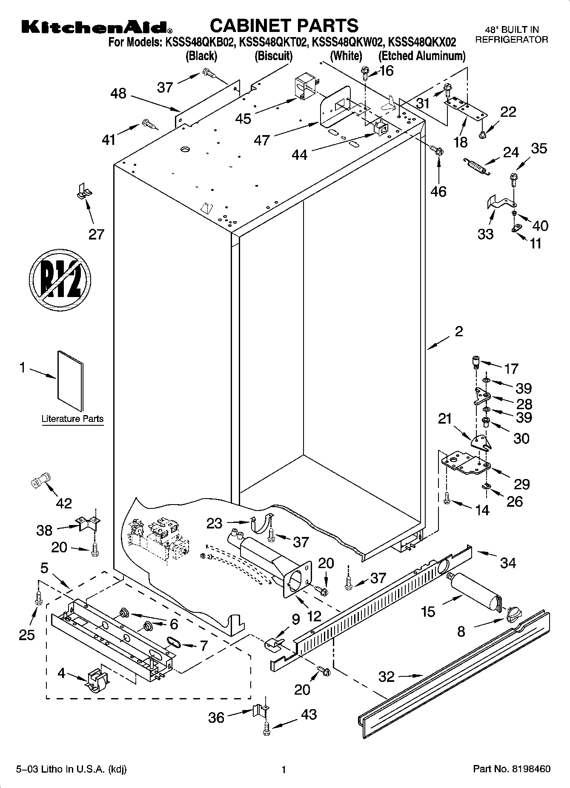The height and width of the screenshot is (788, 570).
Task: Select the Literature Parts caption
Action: tap(72, 419)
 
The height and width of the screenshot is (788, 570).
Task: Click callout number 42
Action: tap(64, 503)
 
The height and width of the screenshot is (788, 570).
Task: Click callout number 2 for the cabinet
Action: tap(458, 331)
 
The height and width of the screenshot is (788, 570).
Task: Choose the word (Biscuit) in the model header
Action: tap(273, 56)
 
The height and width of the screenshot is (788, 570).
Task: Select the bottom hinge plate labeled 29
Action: tap(465, 463)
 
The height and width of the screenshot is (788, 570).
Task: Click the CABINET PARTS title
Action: tap(284, 26)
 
